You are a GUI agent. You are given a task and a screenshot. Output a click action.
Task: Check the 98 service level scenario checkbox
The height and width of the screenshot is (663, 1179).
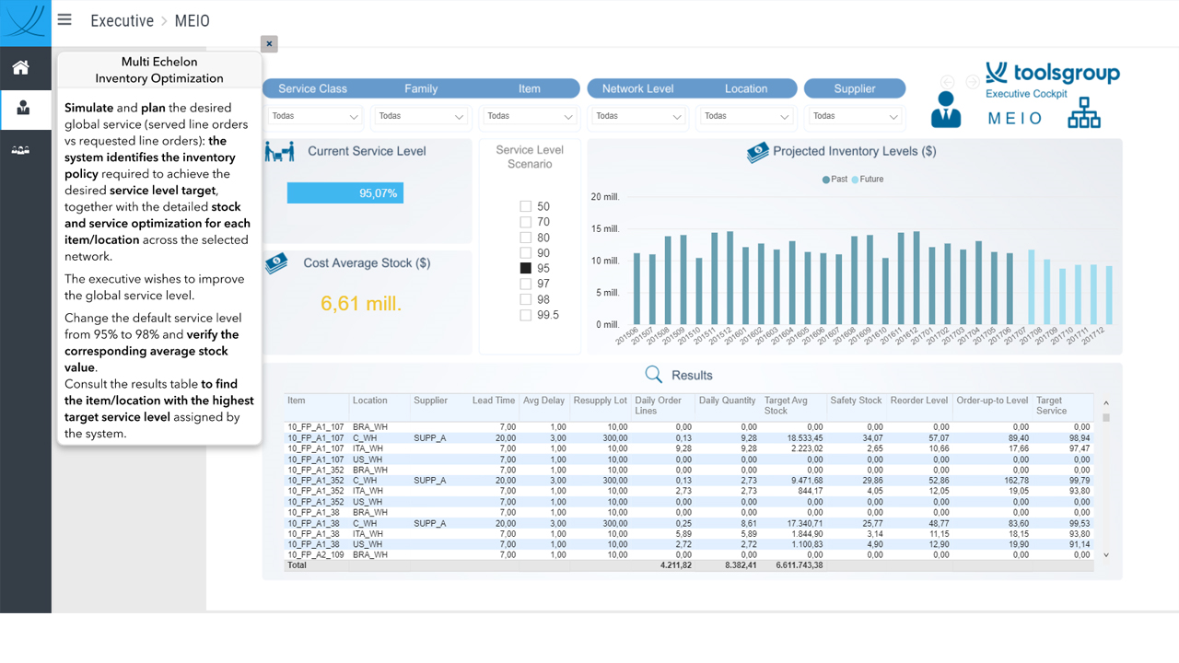pos(525,299)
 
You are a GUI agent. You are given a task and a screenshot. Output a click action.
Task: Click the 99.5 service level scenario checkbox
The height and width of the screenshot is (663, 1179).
pos(525,315)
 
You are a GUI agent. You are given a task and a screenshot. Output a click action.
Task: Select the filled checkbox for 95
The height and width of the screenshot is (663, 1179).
pos(525,268)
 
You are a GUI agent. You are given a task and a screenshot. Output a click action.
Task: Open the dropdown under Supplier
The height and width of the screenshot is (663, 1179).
pos(855,116)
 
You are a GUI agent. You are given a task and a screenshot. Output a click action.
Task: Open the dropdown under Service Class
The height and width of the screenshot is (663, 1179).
pos(313,116)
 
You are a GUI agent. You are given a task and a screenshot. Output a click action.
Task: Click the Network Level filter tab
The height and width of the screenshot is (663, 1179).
pos(637,88)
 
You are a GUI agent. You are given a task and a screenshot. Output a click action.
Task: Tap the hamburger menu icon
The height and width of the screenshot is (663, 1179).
pos(64,19)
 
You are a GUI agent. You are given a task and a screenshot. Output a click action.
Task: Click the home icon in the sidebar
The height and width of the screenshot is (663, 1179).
pos(21,67)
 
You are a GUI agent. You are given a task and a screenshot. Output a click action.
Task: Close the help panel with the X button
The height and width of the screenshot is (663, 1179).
pos(269,43)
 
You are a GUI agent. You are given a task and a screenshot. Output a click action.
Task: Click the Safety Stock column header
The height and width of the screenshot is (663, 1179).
pos(856,401)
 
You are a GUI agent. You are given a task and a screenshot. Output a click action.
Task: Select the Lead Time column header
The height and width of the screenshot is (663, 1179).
pos(493,401)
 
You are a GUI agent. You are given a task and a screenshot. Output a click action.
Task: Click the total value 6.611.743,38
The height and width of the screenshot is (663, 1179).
pos(799,565)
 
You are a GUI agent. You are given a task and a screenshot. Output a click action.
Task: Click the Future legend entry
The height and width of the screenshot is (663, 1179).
pos(868,180)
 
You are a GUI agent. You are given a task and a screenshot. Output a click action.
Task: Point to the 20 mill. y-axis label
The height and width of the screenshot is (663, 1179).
pos(605,197)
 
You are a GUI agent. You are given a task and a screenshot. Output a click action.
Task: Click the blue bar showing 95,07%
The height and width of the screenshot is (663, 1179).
pos(345,193)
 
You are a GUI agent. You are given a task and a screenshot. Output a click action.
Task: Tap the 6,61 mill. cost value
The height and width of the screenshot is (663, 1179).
pos(361,304)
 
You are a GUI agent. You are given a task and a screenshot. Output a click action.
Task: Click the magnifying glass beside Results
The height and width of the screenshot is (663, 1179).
pos(653,375)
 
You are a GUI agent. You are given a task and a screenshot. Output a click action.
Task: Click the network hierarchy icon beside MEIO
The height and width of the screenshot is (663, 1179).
pos(1084,112)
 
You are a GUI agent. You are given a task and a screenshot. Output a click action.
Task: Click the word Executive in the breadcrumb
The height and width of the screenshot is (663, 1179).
pos(123,21)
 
